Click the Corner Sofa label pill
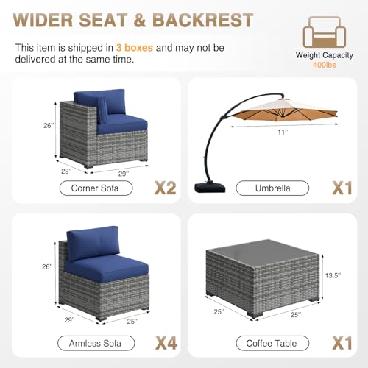point(96,188)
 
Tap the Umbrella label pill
point(272,188)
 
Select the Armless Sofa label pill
point(96,343)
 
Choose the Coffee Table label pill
point(272,343)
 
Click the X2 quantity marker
point(166,188)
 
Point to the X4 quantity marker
point(166,343)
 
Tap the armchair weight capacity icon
point(325,32)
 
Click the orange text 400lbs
point(325,65)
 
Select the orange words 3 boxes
point(135,48)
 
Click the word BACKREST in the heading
point(202,20)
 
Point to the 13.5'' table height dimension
point(333,275)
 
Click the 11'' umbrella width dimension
point(283,132)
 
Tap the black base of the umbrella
point(210,187)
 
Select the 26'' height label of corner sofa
point(49,126)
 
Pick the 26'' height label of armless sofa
point(47,266)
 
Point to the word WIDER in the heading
point(43,20)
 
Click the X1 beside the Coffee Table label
point(342,343)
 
